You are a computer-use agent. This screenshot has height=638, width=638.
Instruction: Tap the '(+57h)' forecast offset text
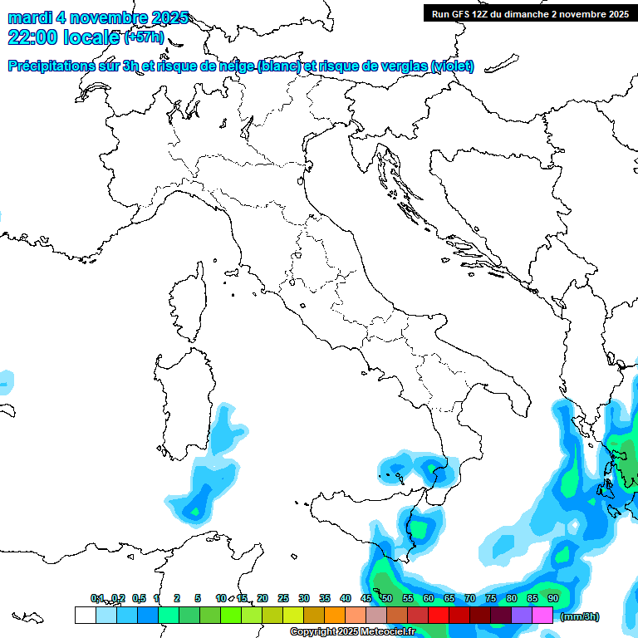[x=144, y=38]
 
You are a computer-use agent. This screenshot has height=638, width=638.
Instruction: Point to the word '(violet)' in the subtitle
[x=453, y=66]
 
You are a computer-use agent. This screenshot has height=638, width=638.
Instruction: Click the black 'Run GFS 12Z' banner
[x=529, y=13]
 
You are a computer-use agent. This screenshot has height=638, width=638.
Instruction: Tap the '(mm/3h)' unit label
[x=579, y=616]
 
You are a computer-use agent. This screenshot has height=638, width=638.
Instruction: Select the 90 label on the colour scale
[x=552, y=599]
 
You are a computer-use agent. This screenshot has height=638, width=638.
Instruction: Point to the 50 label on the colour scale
[x=386, y=599]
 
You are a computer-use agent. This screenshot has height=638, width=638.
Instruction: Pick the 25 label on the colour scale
[x=282, y=599]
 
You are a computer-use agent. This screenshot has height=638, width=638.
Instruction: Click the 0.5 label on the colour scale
[x=139, y=599]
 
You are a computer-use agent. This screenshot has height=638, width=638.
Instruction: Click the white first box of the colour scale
[x=85, y=615]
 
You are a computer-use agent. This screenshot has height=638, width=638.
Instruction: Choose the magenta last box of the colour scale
[x=542, y=615]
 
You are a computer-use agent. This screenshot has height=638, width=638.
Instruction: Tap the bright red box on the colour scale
[x=439, y=615]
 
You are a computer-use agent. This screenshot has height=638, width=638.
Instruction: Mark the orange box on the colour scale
[x=335, y=615]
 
